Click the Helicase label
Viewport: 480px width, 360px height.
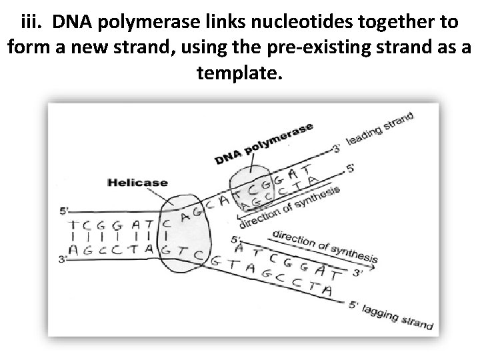click(138, 182)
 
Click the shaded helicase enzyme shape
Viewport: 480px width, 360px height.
click(183, 233)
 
